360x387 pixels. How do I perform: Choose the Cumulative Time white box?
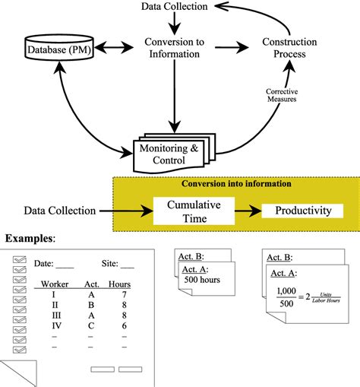click(194, 211)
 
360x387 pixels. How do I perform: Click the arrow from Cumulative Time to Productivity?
click(249, 211)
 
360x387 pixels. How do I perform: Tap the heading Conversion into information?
click(235, 183)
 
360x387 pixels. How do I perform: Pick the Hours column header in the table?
click(121, 284)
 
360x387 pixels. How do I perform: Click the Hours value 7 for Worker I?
click(122, 294)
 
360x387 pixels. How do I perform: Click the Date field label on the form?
click(43, 264)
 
